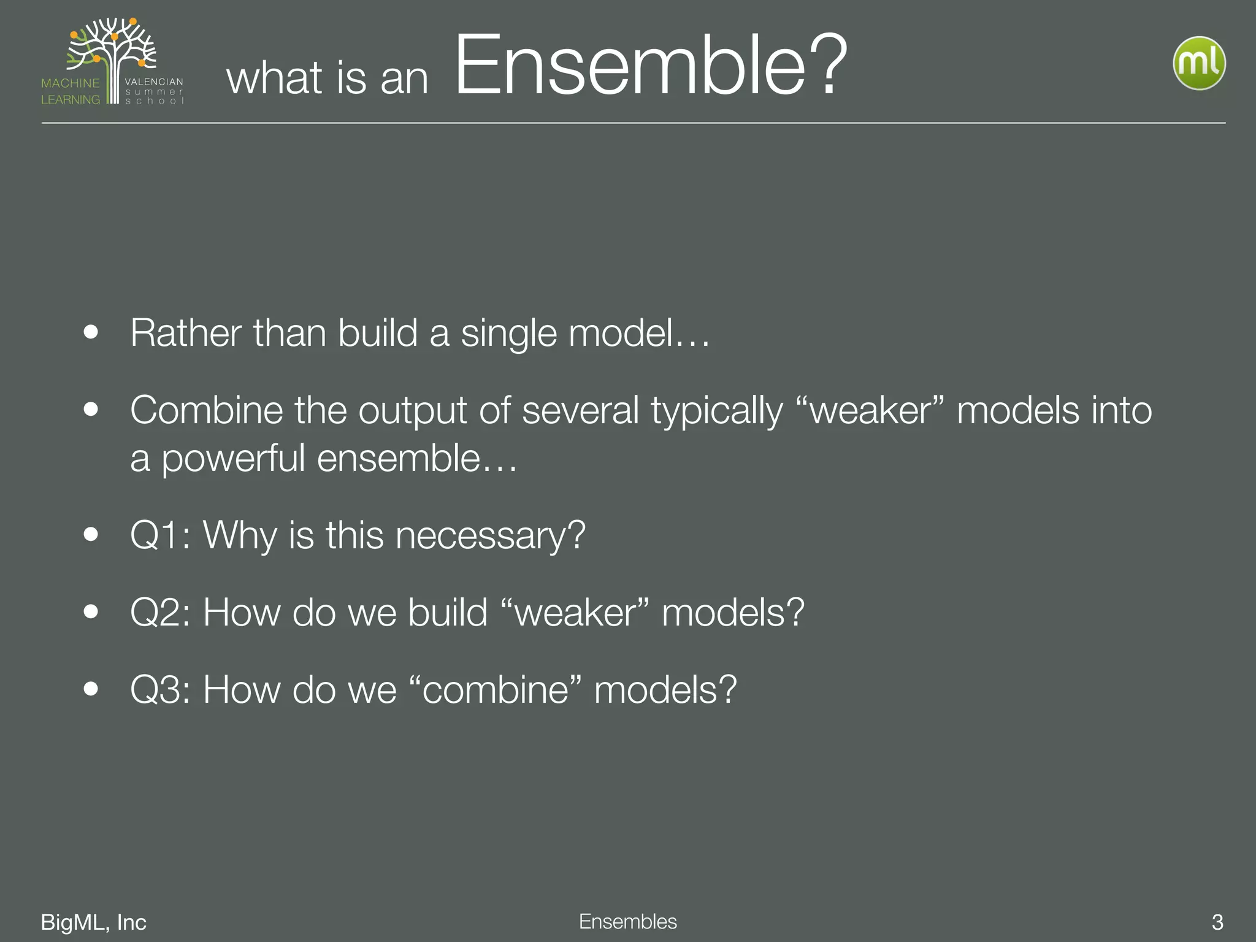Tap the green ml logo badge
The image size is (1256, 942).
tap(1199, 63)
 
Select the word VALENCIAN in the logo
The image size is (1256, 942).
tap(154, 82)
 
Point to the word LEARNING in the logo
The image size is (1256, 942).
tap(71, 99)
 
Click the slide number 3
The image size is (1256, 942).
tap(1217, 922)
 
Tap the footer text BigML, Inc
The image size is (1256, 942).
tap(93, 922)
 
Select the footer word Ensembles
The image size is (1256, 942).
tap(627, 921)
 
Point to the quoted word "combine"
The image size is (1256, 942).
tap(494, 689)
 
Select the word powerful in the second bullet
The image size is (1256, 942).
tap(233, 459)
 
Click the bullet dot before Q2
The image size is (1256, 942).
tap(91, 611)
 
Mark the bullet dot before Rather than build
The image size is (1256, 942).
tap(91, 332)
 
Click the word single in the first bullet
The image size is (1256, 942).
tap(509, 334)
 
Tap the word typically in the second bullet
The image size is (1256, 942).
tap(717, 411)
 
